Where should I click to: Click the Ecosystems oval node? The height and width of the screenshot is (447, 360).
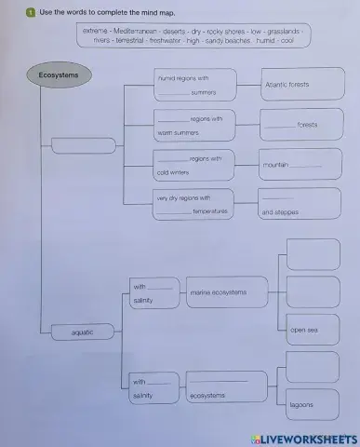pos(59,74)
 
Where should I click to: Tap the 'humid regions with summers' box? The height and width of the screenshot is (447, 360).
pos(193,85)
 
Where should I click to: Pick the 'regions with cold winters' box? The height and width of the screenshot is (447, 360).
pos(193,165)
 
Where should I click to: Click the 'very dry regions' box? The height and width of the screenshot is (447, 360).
pos(193,205)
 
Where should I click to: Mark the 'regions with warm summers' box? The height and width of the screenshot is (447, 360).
pos(193,125)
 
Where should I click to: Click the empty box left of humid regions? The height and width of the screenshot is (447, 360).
pos(84,145)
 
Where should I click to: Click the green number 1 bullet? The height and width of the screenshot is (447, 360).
pos(31,13)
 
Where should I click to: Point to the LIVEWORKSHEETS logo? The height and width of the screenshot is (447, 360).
pos(303,437)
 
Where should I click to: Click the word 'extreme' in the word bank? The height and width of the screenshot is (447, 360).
pos(95,31)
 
